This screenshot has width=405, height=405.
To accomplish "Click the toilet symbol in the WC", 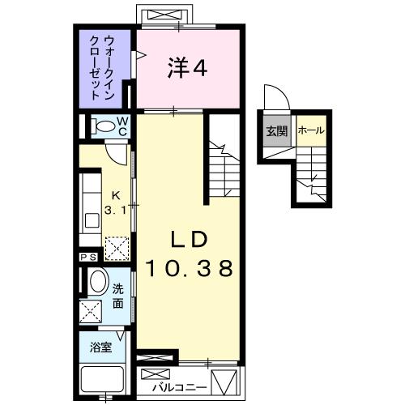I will (x=103, y=126).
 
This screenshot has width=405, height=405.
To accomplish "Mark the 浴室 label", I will (x=101, y=347).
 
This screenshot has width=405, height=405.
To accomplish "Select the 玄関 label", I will (x=275, y=131).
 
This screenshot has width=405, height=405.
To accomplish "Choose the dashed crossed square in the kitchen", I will (x=118, y=245).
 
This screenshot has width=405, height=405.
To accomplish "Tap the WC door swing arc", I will (x=117, y=151).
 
